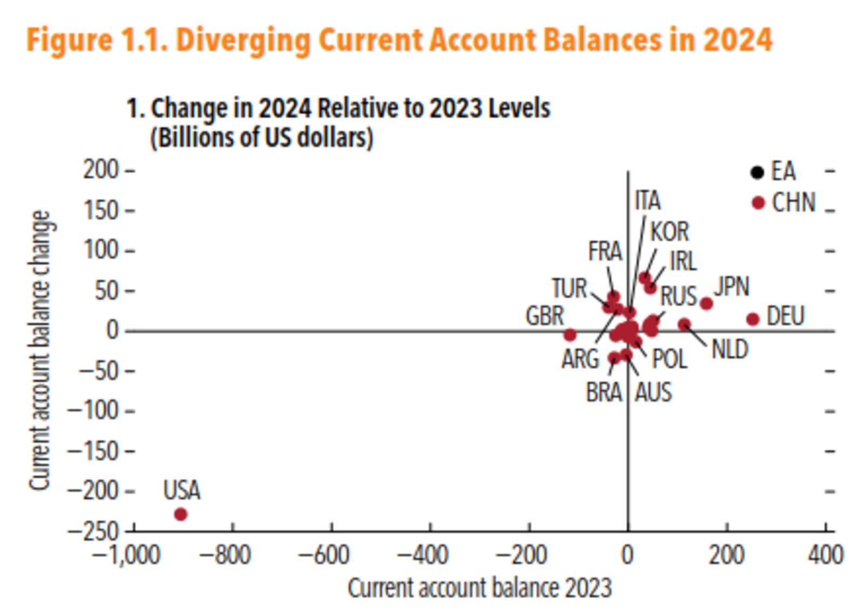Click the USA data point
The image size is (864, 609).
tap(181, 514)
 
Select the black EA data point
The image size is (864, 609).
tap(758, 172)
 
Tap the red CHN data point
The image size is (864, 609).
tap(759, 203)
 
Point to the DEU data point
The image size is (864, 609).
tap(753, 319)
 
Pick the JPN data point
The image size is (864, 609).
tap(706, 303)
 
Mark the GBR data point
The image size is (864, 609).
tap(570, 335)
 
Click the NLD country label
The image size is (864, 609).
tap(730, 350)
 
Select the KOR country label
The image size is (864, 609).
tap(670, 232)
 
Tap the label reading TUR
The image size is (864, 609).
tap(569, 289)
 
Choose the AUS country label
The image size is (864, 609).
tap(653, 393)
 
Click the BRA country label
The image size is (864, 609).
tap(604, 393)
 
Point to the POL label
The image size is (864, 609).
tap(670, 360)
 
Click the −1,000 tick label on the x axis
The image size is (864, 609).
tap(126, 555)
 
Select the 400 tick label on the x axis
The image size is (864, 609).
tap(826, 555)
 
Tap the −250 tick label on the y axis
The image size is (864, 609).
tap(92, 532)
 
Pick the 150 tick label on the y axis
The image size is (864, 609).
tap(100, 211)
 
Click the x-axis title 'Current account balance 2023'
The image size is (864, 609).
tap(480, 588)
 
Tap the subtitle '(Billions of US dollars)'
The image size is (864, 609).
tap(261, 138)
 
